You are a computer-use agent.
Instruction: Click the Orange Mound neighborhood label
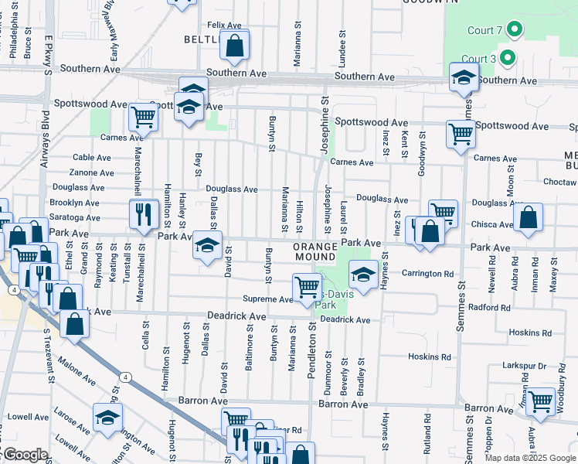click(315, 251)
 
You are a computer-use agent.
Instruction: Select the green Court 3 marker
click(507, 58)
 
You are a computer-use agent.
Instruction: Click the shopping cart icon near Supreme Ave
click(307, 285)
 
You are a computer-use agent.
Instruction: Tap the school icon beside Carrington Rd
click(362, 272)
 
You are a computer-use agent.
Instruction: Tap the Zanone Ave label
click(91, 172)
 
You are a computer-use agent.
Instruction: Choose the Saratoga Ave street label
click(75, 217)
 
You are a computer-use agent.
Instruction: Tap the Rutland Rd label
click(426, 428)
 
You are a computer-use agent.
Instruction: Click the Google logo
click(25, 455)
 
